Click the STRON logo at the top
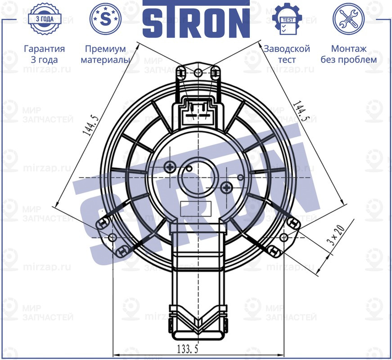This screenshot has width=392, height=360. click(196, 20)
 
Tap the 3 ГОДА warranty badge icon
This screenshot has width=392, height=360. click(44, 19)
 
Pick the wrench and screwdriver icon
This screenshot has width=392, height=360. click(348, 19)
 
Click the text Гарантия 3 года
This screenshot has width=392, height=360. click(44, 54)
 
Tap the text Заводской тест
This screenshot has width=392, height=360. click(287, 54)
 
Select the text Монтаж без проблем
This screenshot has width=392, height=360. click(348, 54)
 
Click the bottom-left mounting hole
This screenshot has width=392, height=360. click(113, 237)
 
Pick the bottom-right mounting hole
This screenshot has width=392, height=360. click(284, 237)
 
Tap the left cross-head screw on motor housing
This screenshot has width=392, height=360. click(170, 167)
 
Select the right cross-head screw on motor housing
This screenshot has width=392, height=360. click(227, 186)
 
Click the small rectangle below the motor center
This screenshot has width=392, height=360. click(195, 208)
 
